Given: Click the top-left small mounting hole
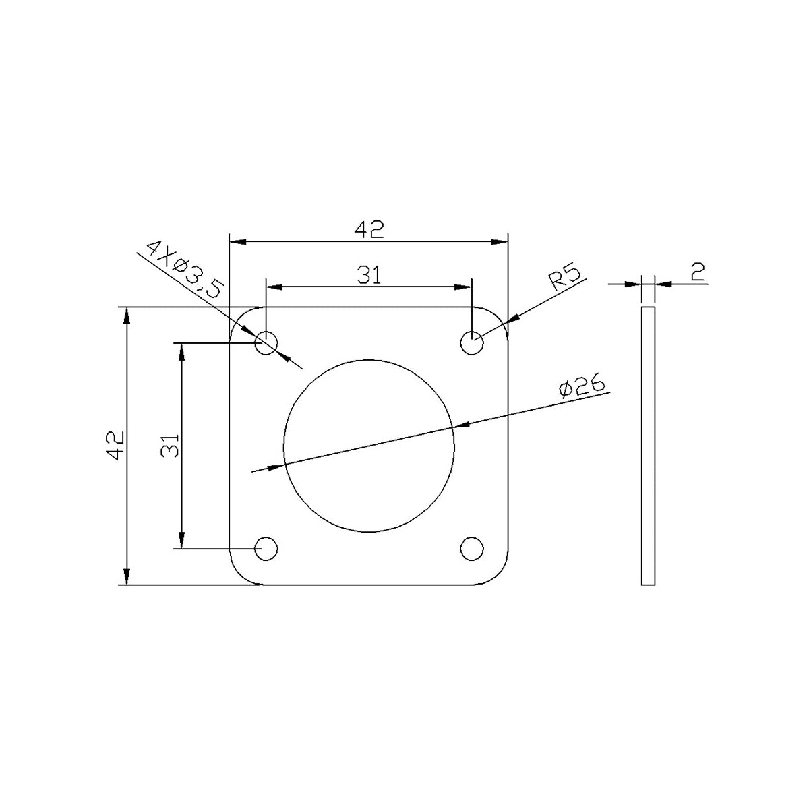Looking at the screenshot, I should coord(266,342).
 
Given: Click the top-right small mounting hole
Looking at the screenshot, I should coord(472,342).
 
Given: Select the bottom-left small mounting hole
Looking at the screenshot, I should coord(266,548).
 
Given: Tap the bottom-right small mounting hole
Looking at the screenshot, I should coord(472,547).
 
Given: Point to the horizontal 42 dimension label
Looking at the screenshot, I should coord(369,230).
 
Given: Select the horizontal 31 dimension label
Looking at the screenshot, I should coord(369,275).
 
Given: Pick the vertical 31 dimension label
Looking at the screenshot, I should coord(170,446).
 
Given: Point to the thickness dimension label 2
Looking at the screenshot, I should coord(697,272).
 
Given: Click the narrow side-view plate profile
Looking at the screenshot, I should coord(648,446).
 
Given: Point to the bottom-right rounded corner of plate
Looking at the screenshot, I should coord(498,574).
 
